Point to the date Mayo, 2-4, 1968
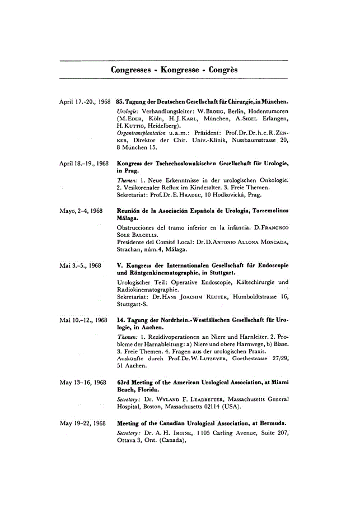pos(81,211)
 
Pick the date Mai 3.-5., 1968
pos(80,264)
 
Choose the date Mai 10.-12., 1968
pos(83,320)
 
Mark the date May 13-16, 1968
pos(82,383)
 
